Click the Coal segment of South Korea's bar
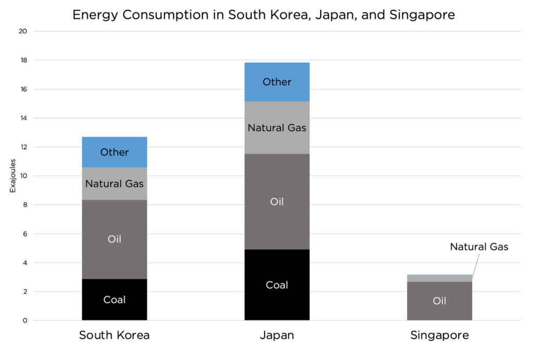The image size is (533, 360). point(115,300)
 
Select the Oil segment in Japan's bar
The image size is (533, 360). point(277,202)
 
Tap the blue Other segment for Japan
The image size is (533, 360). point(277,82)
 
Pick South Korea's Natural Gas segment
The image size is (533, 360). point(115,183)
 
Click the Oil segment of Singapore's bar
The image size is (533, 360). point(439,301)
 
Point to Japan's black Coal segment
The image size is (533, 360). point(277,285)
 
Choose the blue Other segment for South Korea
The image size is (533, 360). point(115,152)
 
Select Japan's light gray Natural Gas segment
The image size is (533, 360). point(277,128)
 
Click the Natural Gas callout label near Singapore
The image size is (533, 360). point(479,247)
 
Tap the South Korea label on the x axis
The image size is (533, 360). point(115,335)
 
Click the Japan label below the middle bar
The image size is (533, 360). point(277,335)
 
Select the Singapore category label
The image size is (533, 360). point(439,335)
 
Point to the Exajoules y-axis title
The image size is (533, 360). point(13,176)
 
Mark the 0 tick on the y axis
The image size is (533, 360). point(24,320)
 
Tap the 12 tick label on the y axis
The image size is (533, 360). point(23,147)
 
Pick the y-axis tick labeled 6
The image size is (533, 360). point(24,234)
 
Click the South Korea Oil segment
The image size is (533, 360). point(115,240)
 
